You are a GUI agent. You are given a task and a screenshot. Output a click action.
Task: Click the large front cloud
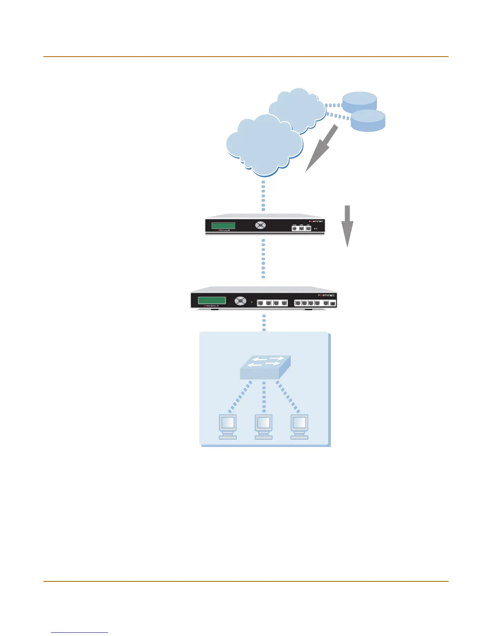tap(264, 145)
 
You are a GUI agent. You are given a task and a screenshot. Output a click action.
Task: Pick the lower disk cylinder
tap(368, 120)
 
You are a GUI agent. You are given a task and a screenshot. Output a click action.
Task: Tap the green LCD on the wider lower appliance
tap(211, 300)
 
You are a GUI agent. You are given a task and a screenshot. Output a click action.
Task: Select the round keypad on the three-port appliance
tap(260, 225)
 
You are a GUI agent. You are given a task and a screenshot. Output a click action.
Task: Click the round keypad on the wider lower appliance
tap(240, 300)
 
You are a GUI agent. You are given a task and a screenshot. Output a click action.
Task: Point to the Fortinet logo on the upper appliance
tap(316, 221)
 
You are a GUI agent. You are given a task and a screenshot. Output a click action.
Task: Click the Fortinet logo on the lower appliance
tap(326, 295)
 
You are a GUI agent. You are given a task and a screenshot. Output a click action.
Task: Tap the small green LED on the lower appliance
tap(252, 302)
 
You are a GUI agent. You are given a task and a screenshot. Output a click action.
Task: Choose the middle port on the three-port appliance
tap(301, 228)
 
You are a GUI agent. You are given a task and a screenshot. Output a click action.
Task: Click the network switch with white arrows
tap(265, 367)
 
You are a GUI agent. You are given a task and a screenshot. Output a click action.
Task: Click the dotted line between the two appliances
tap(263, 258)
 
